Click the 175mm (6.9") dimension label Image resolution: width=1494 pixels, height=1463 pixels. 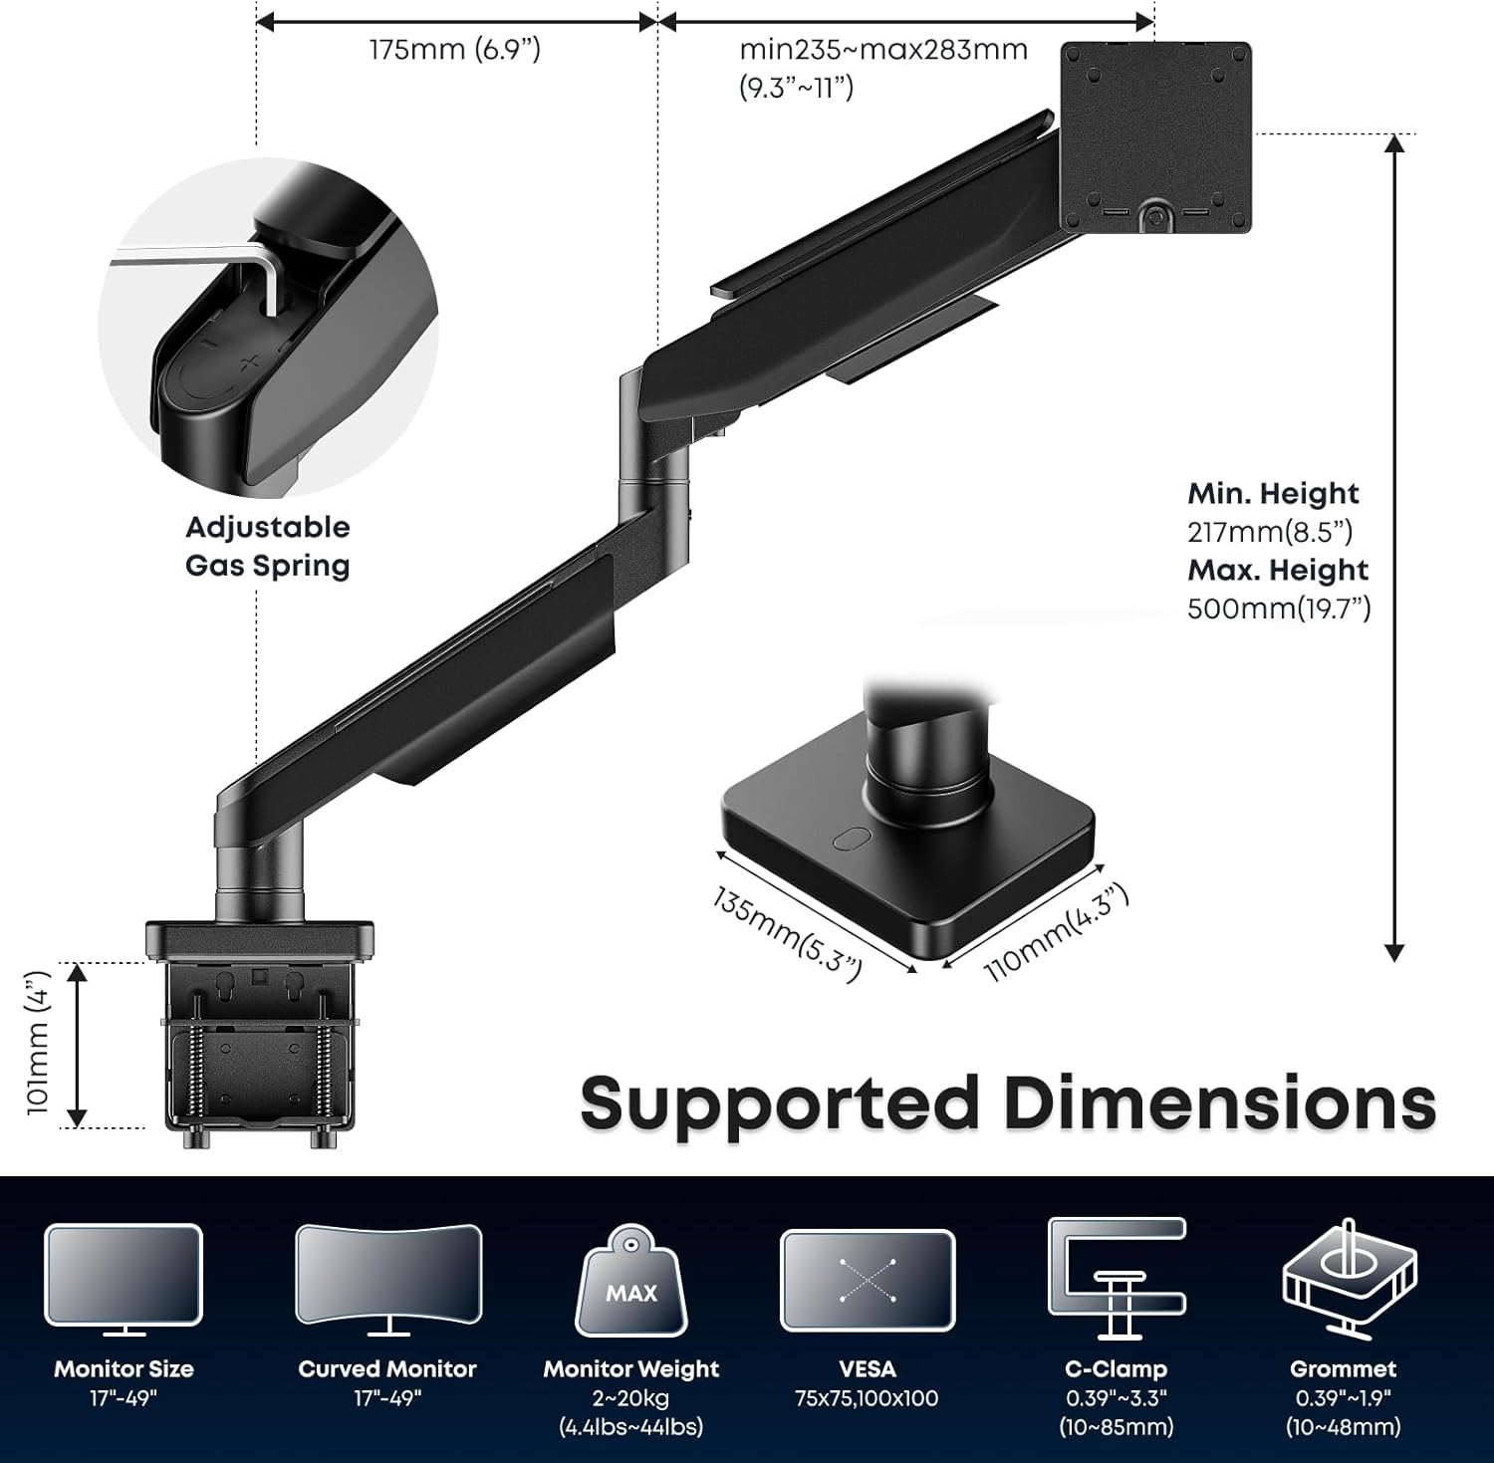coord(455,49)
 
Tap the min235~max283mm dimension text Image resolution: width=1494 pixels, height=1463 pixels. coord(883,49)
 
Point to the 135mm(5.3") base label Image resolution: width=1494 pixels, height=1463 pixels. coord(787,934)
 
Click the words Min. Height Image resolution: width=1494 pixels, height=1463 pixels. coord(1273,493)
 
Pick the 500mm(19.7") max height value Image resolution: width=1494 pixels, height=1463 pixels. coord(1279,608)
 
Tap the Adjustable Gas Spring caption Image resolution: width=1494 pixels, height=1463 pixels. coord(268,546)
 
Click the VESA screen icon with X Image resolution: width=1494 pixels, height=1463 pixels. coord(868,1281)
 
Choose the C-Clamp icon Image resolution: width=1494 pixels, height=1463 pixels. coord(1117,1278)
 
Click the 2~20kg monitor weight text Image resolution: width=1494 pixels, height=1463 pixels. coord(630,1398)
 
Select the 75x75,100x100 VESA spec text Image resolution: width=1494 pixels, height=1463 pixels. coord(867,1398)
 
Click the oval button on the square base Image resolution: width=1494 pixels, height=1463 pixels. coord(849,839)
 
